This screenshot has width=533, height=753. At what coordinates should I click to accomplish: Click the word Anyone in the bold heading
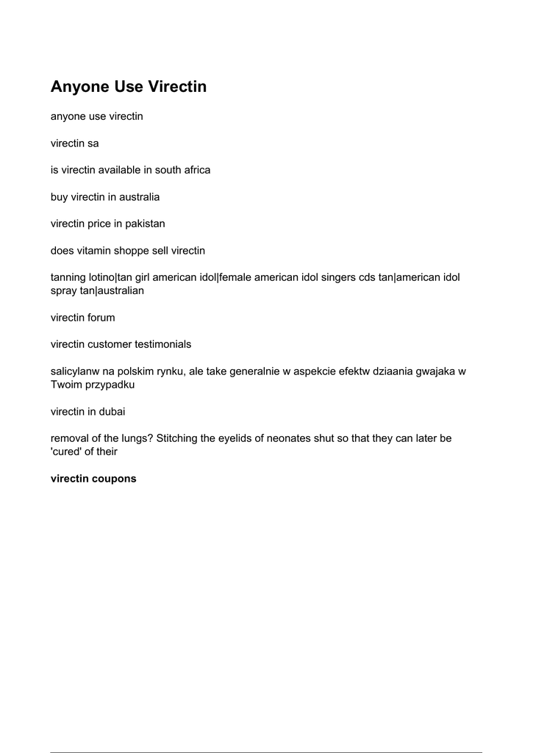click(x=79, y=87)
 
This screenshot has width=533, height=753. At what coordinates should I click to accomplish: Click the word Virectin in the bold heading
click(x=177, y=87)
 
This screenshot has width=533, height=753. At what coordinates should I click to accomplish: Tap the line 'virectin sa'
click(x=74, y=143)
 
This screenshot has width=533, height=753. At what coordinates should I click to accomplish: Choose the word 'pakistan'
click(x=145, y=224)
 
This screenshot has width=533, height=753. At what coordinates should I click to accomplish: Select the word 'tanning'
click(x=68, y=277)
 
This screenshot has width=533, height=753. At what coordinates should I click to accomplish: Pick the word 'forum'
click(x=101, y=318)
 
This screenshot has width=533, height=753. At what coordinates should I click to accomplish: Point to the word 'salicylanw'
click(x=75, y=371)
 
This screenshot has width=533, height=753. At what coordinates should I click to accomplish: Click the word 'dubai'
click(x=119, y=411)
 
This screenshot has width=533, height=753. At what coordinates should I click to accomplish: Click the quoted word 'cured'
click(x=69, y=452)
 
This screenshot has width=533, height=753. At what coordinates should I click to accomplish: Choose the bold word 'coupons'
click(x=115, y=478)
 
